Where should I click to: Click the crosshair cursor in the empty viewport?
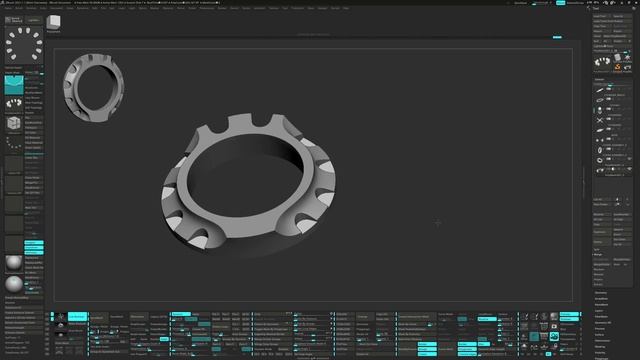coord(437,222)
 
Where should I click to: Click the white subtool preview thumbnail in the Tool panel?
coord(602,63)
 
